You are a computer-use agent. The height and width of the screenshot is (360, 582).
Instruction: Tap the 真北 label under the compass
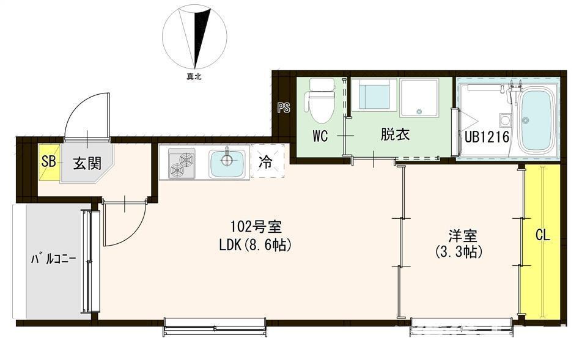(x=194, y=77)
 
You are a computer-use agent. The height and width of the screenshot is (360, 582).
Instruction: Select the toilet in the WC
(x=320, y=101)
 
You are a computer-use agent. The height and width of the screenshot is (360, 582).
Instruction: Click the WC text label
(x=320, y=136)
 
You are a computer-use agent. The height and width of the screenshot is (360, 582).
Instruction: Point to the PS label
(x=284, y=108)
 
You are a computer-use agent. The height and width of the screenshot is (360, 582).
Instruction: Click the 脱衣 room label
(x=395, y=134)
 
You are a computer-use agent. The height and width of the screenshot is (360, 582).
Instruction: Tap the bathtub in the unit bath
(x=537, y=120)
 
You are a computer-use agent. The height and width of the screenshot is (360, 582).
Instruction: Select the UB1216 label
(x=487, y=137)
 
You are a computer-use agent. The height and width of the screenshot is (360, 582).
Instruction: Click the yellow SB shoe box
(x=49, y=162)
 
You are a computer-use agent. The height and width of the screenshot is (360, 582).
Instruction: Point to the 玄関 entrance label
(x=87, y=163)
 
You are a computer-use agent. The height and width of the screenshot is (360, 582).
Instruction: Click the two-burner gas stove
(x=182, y=163)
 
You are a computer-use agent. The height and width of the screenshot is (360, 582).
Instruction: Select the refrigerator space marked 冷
(x=268, y=162)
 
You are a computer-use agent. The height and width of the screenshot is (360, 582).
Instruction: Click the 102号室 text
(x=256, y=226)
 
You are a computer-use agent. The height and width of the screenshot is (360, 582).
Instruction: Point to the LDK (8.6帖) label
(x=255, y=244)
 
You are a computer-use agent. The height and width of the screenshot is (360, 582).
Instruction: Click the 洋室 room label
(x=462, y=236)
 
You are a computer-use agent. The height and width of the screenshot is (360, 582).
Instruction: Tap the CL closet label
(x=542, y=235)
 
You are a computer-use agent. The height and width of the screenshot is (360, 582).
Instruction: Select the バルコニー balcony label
(x=53, y=259)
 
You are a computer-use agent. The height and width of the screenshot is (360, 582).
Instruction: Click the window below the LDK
(x=215, y=327)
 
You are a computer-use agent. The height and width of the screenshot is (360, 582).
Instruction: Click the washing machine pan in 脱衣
(x=419, y=97)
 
